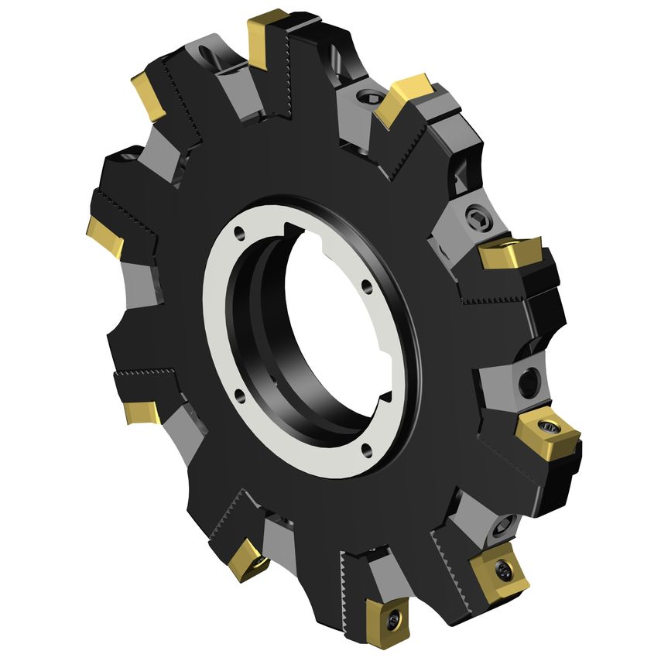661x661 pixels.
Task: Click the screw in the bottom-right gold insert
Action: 503,571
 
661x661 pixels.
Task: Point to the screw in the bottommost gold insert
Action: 396,620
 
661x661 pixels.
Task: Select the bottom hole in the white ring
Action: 365,447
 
